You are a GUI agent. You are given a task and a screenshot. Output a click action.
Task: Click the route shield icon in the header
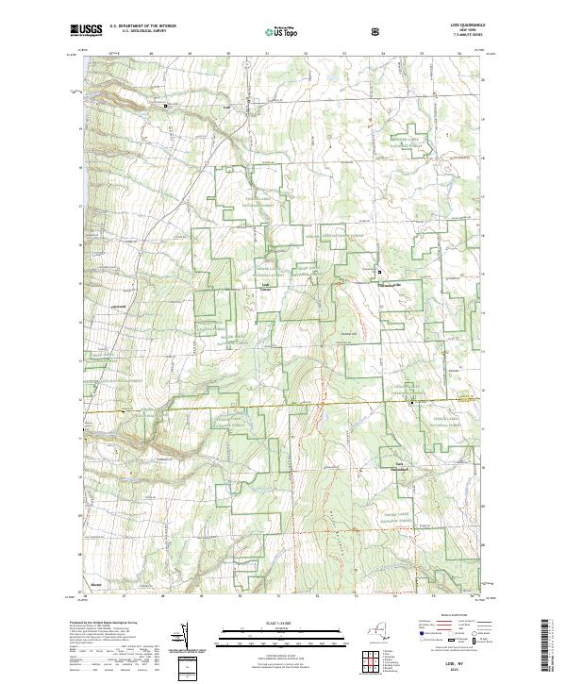click(x=377, y=31)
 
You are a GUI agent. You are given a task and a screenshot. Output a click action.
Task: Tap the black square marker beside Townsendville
click(x=378, y=272)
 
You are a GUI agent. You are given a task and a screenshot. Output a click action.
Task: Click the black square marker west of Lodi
click(x=167, y=107)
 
